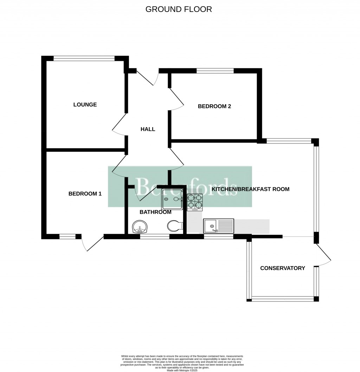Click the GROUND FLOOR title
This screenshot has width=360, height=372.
[x=179, y=9]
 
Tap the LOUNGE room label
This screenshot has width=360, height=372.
[x=85, y=105]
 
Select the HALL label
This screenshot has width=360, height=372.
[x=148, y=129]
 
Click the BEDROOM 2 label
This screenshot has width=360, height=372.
[x=214, y=106]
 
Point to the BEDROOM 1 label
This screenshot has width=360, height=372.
[x=85, y=194]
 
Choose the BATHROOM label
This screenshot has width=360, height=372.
[x=155, y=212]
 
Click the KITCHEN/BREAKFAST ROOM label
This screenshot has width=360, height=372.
[x=250, y=189]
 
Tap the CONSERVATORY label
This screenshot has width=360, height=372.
[x=282, y=268]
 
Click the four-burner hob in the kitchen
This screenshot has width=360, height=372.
[x=195, y=202]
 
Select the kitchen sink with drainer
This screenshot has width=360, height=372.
[x=218, y=225]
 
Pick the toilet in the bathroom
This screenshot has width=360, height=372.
[x=175, y=226]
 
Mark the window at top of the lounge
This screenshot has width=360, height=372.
[x=84, y=59]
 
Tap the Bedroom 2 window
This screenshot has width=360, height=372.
[x=215, y=71]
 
